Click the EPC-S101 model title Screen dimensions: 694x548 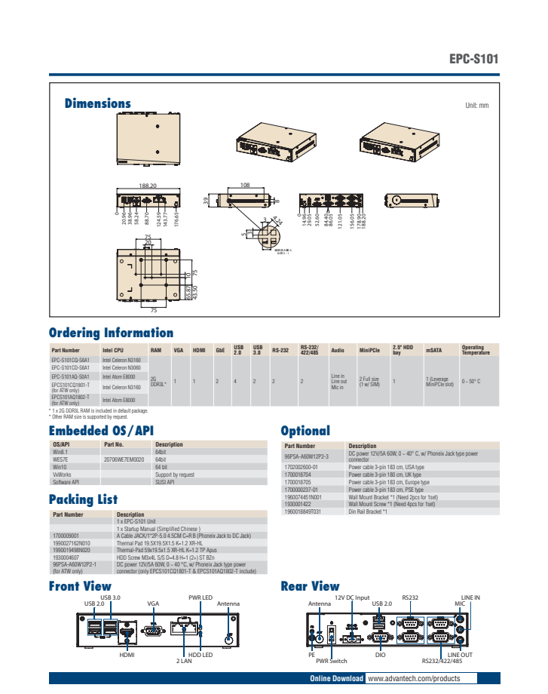[x=473, y=59]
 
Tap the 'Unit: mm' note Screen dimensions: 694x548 [x=477, y=106]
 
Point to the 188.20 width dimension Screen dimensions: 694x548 [x=148, y=185]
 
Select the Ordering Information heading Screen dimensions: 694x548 [x=111, y=333]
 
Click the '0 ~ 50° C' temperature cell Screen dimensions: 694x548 [x=471, y=382]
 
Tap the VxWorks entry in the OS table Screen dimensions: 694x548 [x=63, y=474]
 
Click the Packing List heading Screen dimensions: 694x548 [x=83, y=499]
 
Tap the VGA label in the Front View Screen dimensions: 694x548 [x=154, y=604]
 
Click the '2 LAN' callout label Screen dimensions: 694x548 [x=184, y=661]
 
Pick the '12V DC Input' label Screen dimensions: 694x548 [x=351, y=597]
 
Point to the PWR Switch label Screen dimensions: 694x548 [x=332, y=661]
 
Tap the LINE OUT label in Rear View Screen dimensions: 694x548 [x=460, y=655]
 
